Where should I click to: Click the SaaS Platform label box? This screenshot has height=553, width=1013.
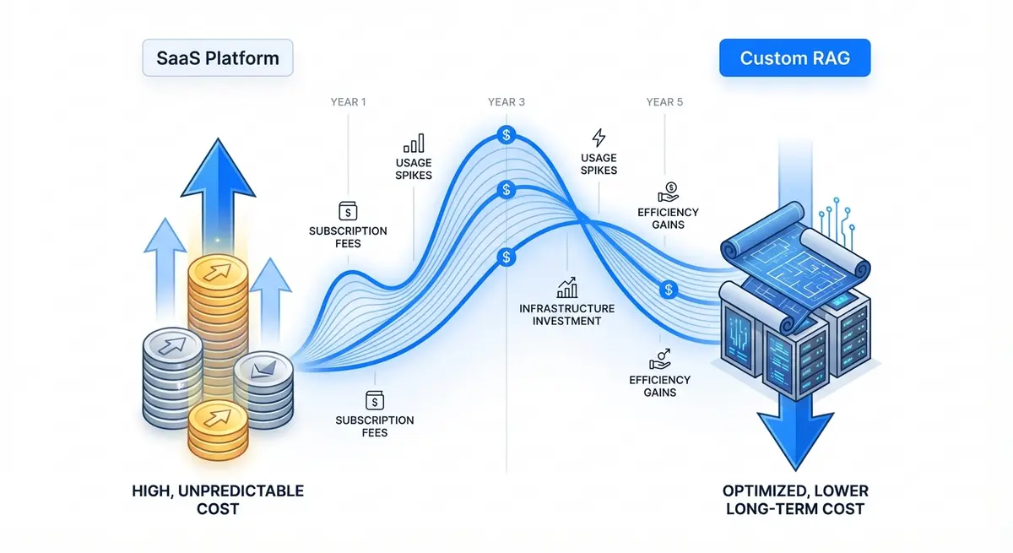(217, 59)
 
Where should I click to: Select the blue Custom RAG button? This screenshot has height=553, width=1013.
(794, 59)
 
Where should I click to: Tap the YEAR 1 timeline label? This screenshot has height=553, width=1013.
(348, 102)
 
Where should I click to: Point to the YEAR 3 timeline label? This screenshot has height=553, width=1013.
(506, 102)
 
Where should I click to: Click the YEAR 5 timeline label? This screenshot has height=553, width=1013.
(664, 102)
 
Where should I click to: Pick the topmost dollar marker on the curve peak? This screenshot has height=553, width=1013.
(506, 134)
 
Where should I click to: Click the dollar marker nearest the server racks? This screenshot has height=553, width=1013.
(669, 290)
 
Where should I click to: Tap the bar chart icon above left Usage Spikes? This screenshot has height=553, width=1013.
(414, 142)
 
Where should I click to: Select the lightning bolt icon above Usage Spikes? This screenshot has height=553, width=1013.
(599, 138)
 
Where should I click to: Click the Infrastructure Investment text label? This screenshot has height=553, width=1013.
(566, 314)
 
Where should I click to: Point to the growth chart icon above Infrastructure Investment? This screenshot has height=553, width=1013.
(567, 287)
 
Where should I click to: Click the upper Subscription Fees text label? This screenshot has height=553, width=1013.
(348, 236)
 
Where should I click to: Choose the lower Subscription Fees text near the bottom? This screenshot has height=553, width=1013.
(374, 426)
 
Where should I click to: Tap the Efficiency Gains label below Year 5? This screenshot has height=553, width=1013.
(669, 219)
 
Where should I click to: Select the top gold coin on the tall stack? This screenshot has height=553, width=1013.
(217, 274)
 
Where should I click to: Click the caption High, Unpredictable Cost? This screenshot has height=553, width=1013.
(218, 499)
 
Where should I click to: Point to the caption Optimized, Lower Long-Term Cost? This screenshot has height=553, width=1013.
(794, 499)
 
